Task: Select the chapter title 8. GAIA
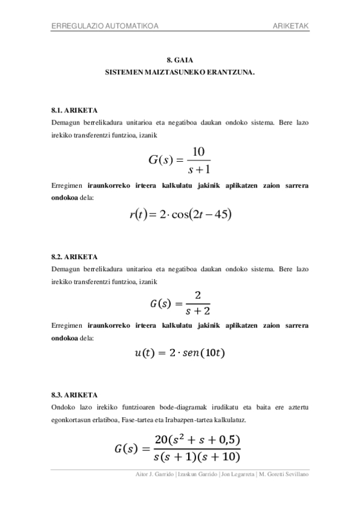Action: click(x=180, y=60)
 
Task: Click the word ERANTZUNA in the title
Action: click(x=232, y=71)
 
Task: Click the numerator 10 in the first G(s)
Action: click(x=198, y=152)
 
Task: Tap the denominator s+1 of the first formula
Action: click(x=198, y=169)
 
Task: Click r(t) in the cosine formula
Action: click(x=139, y=214)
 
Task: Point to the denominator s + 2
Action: click(x=198, y=311)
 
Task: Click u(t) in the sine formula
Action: click(x=145, y=353)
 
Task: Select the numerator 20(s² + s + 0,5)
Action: click(x=197, y=440)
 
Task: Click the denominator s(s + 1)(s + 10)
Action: click(x=197, y=457)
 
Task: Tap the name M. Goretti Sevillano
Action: click(x=283, y=475)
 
